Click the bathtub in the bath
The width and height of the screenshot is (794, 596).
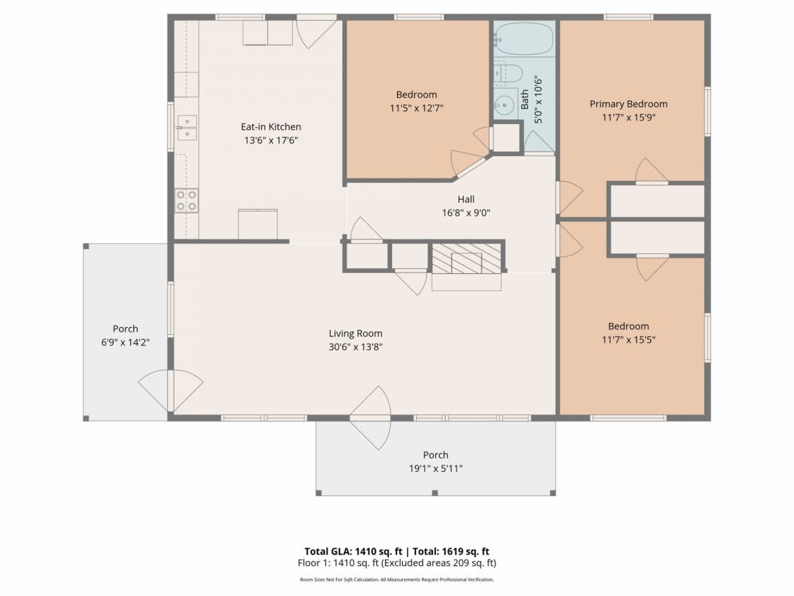tap(524, 38)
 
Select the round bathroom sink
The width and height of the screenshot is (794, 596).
tap(504, 106)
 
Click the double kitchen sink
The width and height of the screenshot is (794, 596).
tap(187, 127)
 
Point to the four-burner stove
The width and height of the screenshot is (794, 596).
tap(186, 200)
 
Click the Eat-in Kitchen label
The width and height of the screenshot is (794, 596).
tap(271, 127)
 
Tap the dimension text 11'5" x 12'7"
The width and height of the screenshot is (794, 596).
tap(416, 108)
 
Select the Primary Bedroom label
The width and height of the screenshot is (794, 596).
tap(628, 104)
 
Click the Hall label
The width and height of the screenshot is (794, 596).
tap(466, 199)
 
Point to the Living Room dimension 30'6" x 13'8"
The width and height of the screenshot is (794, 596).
tap(355, 347)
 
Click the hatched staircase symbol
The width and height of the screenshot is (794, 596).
tap(466, 258)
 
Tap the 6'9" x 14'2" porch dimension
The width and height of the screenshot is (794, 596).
tap(125, 343)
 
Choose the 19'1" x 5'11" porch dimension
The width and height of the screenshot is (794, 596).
tap(435, 469)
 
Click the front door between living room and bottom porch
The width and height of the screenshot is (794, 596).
tap(371, 418)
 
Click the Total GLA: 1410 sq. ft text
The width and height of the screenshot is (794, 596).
tap(353, 551)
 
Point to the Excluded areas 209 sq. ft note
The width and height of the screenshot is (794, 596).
tap(439, 563)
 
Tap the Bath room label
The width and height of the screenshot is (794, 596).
tap(525, 99)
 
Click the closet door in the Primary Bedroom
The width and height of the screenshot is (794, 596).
tap(652, 171)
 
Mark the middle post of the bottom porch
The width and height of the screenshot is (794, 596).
tap(435, 492)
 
